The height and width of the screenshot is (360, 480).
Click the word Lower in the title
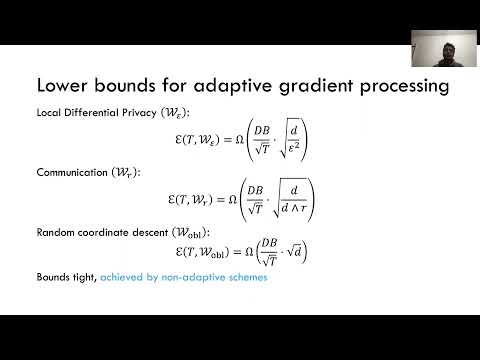[x=62, y=87]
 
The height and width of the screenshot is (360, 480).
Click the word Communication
[x=66, y=172]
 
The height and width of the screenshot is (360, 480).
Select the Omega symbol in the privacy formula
[x=226, y=142]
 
